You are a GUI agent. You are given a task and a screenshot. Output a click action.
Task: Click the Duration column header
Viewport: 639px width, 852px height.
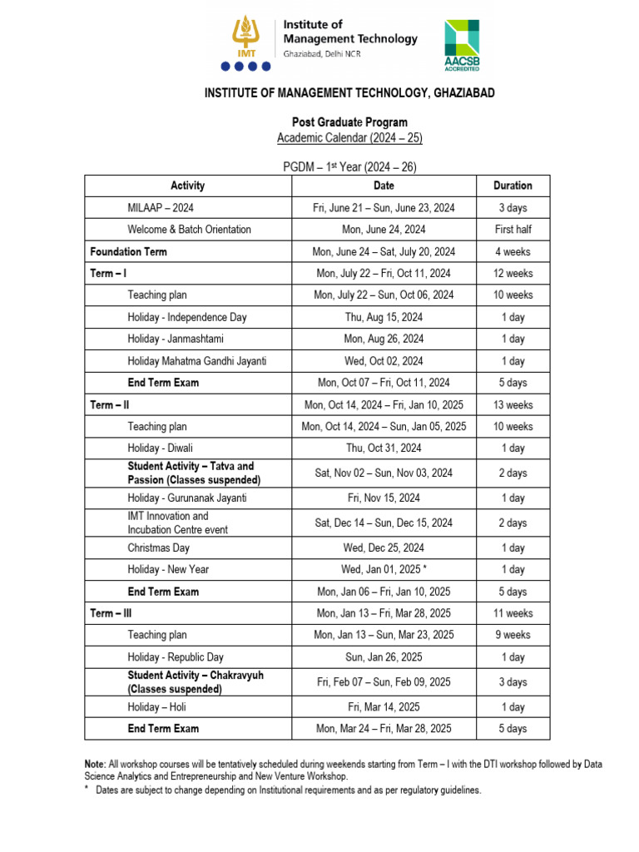(x=513, y=186)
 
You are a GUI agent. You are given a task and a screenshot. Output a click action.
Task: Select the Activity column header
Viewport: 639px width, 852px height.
(x=187, y=186)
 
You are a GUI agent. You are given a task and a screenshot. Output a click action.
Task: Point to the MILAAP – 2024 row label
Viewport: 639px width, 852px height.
(x=161, y=208)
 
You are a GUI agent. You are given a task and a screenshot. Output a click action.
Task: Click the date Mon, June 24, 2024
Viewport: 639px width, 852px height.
(x=384, y=230)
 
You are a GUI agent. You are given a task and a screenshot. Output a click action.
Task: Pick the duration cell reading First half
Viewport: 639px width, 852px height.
(x=513, y=230)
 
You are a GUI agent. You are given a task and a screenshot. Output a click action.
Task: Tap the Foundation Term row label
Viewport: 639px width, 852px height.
(x=128, y=251)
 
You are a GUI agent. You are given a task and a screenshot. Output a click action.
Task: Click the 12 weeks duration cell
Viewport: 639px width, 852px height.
(x=513, y=273)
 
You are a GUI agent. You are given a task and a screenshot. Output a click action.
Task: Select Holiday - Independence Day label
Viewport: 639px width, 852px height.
(x=187, y=317)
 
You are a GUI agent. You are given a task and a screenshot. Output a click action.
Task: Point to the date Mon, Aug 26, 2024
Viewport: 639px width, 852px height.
(x=384, y=339)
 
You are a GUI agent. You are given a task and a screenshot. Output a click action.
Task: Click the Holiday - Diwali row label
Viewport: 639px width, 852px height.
(x=160, y=448)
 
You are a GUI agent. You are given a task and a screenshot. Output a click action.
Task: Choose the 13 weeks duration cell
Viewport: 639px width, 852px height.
(x=513, y=404)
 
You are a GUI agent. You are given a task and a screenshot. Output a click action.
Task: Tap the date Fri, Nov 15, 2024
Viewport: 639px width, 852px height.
(x=384, y=498)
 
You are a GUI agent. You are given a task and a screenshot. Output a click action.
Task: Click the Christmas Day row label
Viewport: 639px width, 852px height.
(x=158, y=547)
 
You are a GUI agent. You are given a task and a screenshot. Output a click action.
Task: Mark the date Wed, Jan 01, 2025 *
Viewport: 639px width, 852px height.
(x=384, y=569)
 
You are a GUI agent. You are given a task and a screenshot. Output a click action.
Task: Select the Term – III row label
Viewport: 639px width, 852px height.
(x=110, y=613)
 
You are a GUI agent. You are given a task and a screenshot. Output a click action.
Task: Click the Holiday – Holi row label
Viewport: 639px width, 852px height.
(x=156, y=707)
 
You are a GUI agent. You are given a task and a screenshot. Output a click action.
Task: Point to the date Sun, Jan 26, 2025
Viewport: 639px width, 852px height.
(x=384, y=657)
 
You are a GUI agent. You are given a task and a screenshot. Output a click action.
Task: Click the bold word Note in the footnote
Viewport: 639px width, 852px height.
(x=95, y=764)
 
